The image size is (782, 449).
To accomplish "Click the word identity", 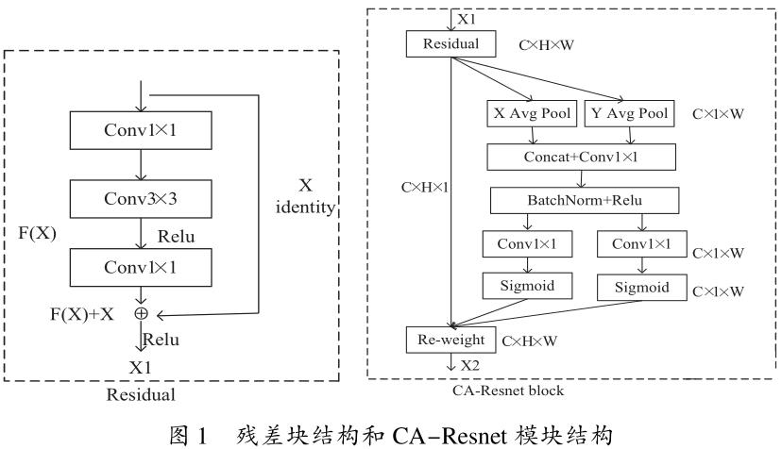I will pos(305,208).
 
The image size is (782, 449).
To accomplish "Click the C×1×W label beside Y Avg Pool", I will pos(719,114).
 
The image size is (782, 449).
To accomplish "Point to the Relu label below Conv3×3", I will pos(177,236).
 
